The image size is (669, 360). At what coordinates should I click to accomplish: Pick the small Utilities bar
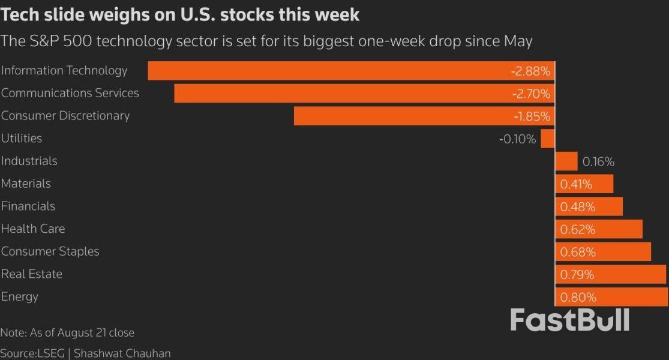click(547, 139)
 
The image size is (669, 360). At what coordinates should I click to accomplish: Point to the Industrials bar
click(566, 161)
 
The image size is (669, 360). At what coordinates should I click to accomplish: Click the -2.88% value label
click(530, 71)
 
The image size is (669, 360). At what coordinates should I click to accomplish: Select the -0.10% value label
click(517, 139)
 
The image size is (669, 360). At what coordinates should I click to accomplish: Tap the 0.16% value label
click(598, 162)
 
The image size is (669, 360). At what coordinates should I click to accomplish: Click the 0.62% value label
click(578, 229)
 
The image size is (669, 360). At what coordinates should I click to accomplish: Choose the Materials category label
click(26, 184)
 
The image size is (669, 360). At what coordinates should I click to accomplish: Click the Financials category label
click(28, 206)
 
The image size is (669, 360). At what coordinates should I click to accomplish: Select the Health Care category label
click(33, 229)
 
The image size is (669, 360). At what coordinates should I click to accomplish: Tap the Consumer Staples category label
click(50, 251)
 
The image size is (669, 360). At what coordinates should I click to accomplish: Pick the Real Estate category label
click(32, 274)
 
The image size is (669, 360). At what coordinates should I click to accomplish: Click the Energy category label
click(20, 296)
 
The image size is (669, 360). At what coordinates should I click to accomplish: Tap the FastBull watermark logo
click(569, 320)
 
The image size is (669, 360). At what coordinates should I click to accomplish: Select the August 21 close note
click(67, 332)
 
